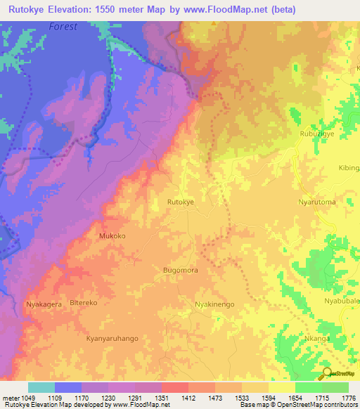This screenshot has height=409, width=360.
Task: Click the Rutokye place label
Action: (180, 202)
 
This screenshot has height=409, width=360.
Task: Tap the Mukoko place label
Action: (112, 236)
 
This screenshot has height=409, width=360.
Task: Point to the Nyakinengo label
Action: (214, 304)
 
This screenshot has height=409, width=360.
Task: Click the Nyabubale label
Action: (342, 301)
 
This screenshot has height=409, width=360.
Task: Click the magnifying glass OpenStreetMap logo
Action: (328, 373)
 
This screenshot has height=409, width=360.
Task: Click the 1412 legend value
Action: (188, 397)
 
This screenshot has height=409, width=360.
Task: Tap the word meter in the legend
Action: (10, 397)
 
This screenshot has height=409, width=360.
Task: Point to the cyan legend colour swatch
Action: (41, 387)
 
